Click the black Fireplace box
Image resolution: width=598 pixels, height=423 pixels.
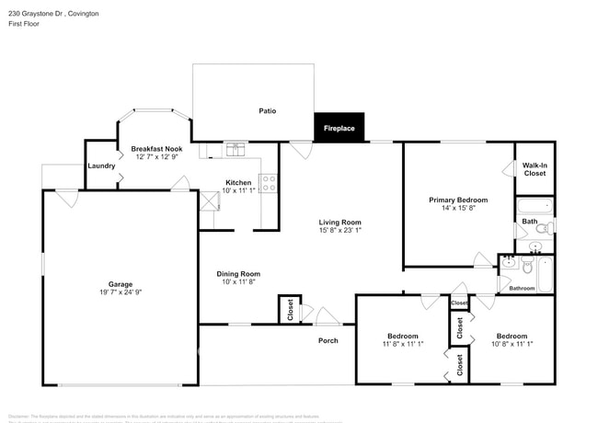pyautogui.click(x=340, y=129)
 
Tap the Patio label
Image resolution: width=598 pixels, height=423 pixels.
pyautogui.click(x=267, y=111)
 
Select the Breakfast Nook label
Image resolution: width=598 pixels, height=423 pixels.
pyautogui.click(x=156, y=149)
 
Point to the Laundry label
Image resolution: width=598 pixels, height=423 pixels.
pyautogui.click(x=101, y=166)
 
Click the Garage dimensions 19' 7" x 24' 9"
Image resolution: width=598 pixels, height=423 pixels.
pyautogui.click(x=121, y=292)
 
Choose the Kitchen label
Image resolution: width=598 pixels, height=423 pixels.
pyautogui.click(x=238, y=183)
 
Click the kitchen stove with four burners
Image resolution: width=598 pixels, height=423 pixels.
pyautogui.click(x=269, y=183)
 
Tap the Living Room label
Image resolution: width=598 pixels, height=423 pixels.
pyautogui.click(x=339, y=223)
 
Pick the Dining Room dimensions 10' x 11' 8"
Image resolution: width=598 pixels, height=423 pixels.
pyautogui.click(x=238, y=281)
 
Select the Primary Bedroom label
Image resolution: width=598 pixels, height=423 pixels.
pyautogui.click(x=458, y=200)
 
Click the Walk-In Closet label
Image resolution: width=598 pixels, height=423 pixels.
pyautogui.click(x=535, y=169)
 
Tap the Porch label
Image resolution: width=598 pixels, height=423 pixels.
pyautogui.click(x=328, y=340)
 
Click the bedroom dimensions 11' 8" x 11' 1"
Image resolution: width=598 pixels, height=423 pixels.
pyautogui.click(x=403, y=344)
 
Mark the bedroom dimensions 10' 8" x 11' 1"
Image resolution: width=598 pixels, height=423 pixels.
pyautogui.click(x=511, y=344)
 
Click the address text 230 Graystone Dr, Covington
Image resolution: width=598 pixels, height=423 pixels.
pyautogui.click(x=54, y=15)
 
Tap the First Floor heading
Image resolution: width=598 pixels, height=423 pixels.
pyautogui.click(x=26, y=26)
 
